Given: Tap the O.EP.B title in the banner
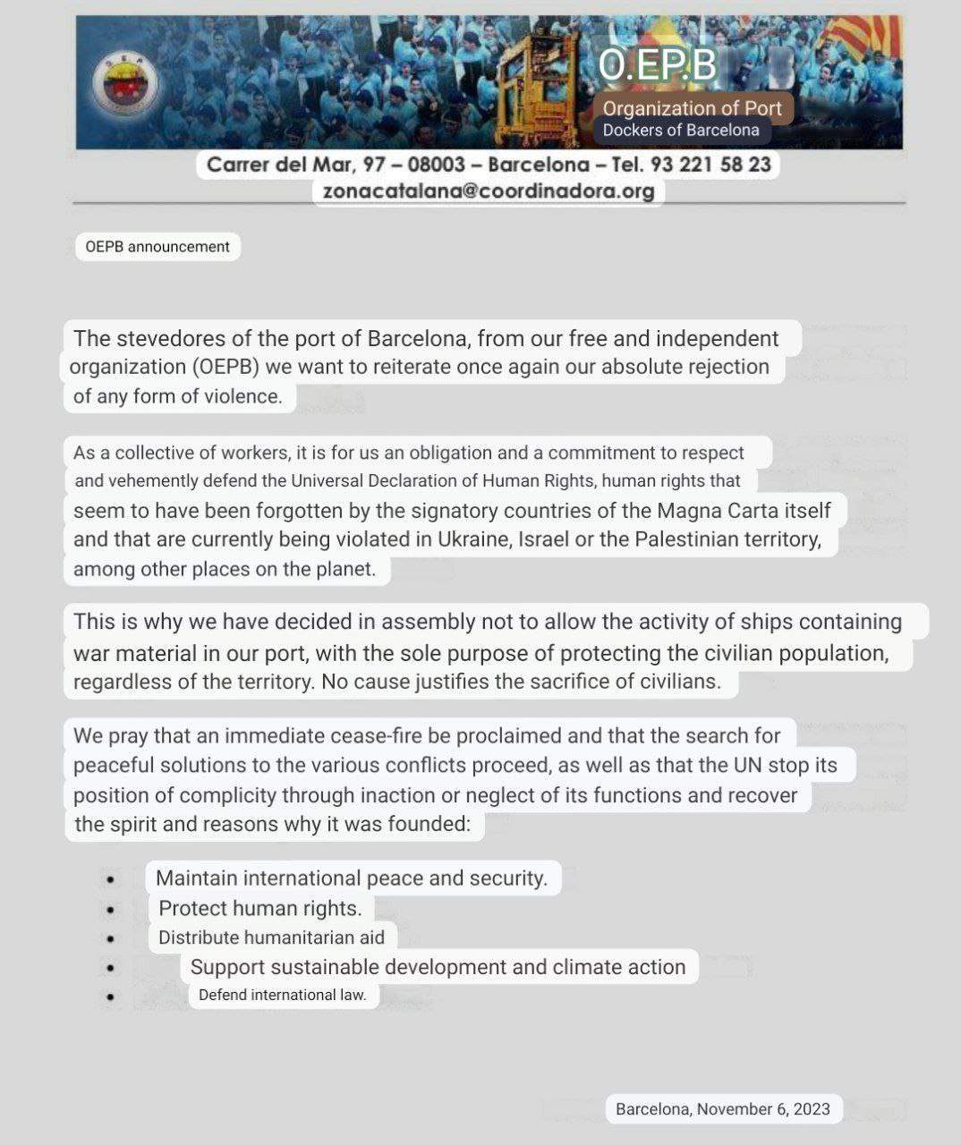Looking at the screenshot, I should click(659, 64).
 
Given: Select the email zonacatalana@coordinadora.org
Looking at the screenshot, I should click(489, 191).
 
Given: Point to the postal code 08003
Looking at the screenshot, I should click(436, 165).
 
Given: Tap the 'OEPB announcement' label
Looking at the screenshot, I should click(157, 247).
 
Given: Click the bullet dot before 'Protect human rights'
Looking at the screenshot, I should click(110, 910).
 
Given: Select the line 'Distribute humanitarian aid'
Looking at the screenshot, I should click(271, 937).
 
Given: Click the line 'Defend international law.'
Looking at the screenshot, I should click(283, 995).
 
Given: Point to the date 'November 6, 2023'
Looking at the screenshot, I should click(763, 1109).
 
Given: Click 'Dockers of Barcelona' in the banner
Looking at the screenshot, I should click(681, 131).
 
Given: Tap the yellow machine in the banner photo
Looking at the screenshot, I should click(538, 85).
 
